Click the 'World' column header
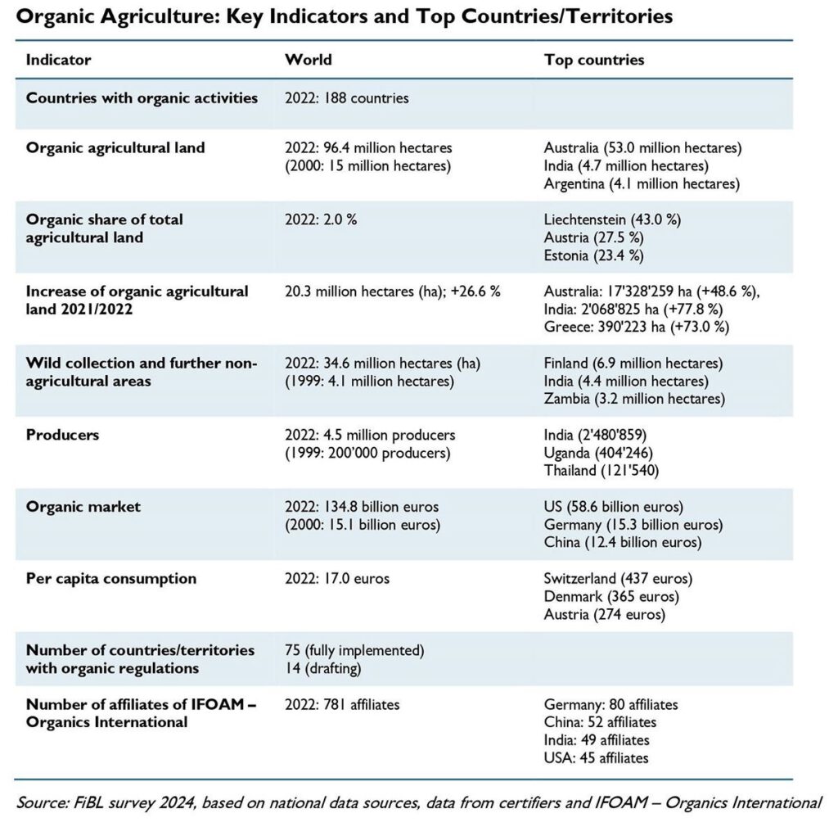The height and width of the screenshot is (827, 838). (309, 59)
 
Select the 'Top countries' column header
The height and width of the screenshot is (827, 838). (594, 59)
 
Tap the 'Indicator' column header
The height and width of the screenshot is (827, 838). (58, 59)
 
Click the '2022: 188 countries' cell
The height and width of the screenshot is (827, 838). (346, 98)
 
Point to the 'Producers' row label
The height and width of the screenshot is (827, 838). (62, 435)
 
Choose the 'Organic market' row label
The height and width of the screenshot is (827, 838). (83, 507)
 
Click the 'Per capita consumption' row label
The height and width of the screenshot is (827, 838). (111, 578)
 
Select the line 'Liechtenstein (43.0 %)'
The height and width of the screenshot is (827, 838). (612, 219)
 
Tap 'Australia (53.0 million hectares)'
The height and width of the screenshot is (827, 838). (643, 148)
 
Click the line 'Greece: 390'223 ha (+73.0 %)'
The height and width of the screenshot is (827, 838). (637, 327)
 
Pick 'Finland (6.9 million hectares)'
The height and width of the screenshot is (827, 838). (633, 364)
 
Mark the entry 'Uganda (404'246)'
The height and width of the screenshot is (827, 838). (598, 454)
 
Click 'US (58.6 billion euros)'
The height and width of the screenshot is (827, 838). (614, 507)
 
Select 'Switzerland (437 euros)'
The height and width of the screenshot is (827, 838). (618, 578)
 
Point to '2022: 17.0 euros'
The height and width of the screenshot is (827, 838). (337, 578)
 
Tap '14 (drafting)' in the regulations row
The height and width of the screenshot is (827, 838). (322, 668)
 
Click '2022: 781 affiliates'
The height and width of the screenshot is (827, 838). (342, 704)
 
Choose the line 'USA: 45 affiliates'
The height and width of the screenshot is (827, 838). (596, 758)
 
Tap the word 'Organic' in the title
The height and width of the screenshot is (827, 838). (55, 17)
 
